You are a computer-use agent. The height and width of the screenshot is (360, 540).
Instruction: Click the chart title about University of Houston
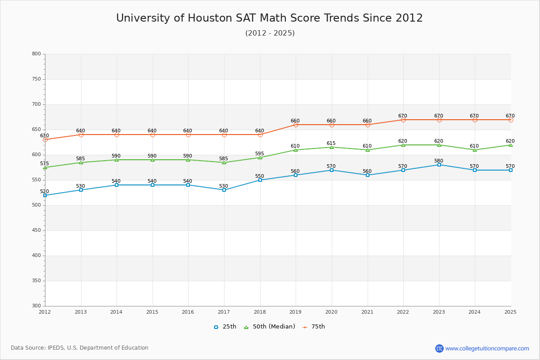[270, 18]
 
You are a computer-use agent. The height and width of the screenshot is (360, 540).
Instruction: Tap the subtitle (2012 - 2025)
[270, 33]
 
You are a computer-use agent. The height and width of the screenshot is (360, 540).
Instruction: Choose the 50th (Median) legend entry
[269, 327]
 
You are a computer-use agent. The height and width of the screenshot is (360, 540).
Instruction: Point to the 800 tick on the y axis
[36, 54]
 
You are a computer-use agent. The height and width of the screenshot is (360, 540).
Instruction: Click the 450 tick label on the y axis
[36, 230]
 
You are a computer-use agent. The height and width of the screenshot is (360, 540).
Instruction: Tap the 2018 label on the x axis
[260, 312]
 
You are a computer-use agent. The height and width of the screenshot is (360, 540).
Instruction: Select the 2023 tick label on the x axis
[439, 312]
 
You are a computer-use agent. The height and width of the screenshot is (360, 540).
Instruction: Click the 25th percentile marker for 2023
[439, 165]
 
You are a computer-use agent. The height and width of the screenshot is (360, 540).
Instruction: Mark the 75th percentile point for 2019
[296, 125]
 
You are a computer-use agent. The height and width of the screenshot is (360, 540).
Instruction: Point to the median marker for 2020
[332, 147]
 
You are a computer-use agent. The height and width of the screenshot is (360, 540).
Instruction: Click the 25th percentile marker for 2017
[224, 190]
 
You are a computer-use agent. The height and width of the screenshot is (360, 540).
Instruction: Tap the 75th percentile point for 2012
[45, 139]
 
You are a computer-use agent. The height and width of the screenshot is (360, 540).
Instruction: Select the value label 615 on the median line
[331, 143]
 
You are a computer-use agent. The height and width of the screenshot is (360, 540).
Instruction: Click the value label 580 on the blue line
[439, 161]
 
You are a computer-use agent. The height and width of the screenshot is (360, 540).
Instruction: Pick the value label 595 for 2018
[260, 153]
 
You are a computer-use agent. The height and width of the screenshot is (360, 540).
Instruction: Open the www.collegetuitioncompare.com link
[487, 348]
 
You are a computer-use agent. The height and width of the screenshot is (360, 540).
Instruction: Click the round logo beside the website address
[439, 348]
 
